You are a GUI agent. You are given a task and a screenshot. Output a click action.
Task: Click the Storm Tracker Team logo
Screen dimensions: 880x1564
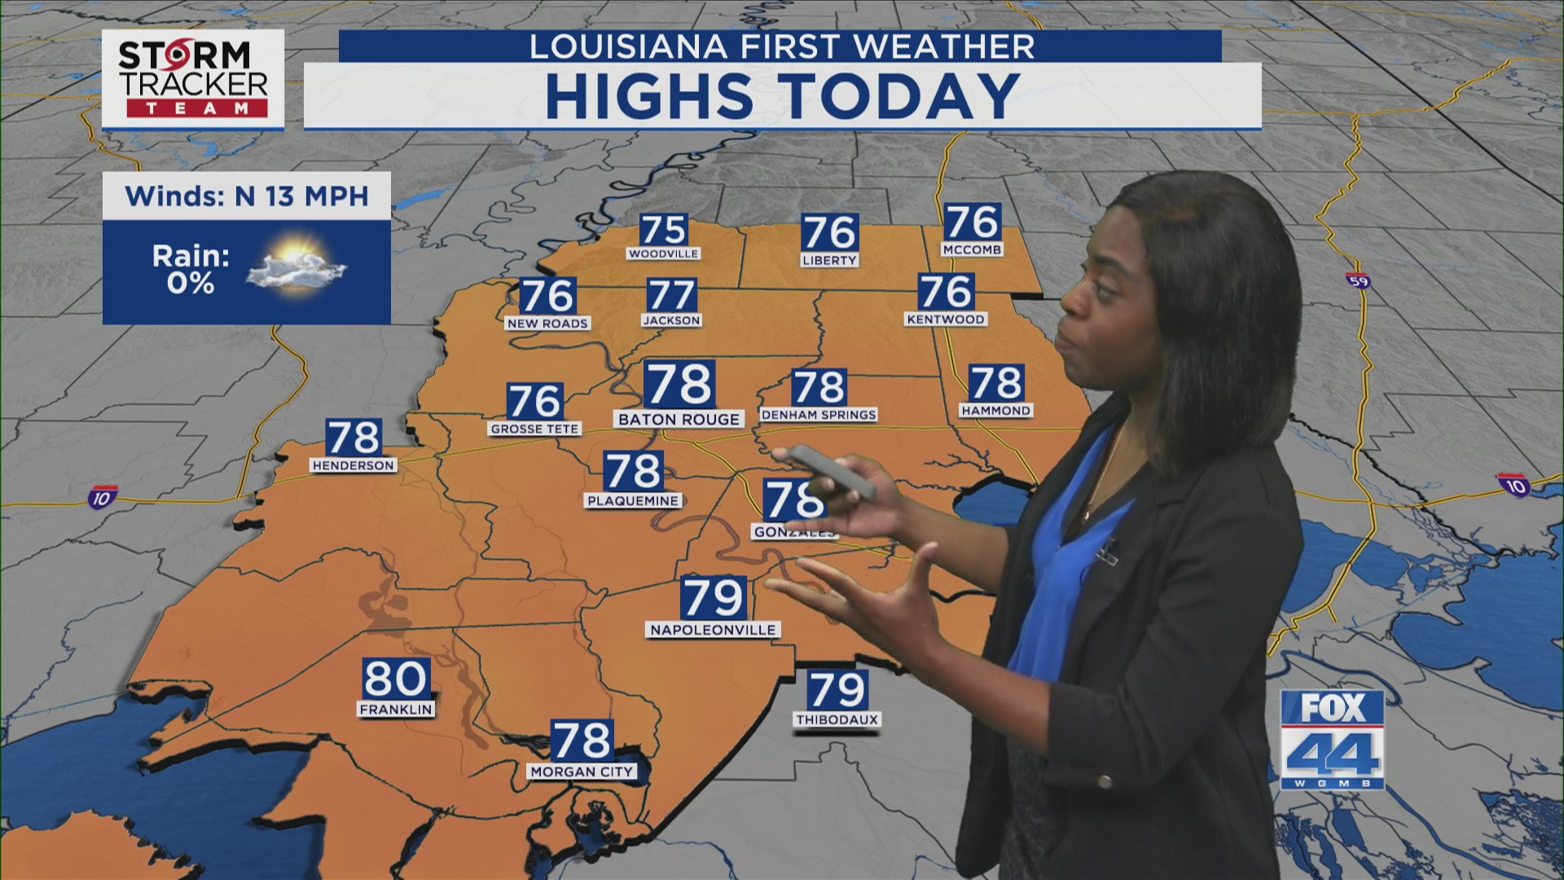click(193, 79)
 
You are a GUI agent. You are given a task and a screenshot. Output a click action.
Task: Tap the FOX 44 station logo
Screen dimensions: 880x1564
click(1332, 739)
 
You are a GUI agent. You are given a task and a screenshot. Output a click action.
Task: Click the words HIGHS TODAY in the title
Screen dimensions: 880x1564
click(782, 96)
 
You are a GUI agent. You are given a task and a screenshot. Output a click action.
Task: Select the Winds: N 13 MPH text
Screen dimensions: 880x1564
click(246, 196)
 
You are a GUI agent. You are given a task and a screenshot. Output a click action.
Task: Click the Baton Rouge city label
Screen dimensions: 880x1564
click(679, 420)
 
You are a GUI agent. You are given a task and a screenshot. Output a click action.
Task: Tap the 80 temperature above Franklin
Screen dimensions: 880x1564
click(396, 678)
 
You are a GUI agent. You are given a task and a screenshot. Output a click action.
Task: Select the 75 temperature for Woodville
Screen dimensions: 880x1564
click(663, 230)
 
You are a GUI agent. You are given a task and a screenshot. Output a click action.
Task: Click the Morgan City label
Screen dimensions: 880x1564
click(582, 772)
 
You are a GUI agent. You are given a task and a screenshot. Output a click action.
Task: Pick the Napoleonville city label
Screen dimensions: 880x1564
click(713, 630)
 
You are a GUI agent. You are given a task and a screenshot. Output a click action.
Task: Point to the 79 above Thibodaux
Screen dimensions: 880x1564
click(837, 690)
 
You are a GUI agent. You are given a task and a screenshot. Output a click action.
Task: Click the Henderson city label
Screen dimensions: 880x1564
click(354, 465)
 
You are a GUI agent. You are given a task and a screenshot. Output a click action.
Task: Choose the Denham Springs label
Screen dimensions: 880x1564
click(819, 415)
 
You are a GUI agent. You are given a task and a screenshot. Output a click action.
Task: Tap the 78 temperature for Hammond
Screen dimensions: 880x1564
click(995, 383)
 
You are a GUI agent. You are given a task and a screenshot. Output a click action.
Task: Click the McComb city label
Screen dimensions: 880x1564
click(972, 250)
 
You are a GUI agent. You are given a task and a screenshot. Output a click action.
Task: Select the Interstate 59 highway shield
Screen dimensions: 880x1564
click(1358, 281)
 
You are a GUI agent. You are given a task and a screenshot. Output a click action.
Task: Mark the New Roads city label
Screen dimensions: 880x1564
click(547, 323)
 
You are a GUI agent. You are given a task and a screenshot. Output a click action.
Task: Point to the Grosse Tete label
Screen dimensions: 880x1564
click(534, 429)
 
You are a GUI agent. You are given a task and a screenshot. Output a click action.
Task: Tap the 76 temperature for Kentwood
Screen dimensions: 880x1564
click(946, 292)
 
